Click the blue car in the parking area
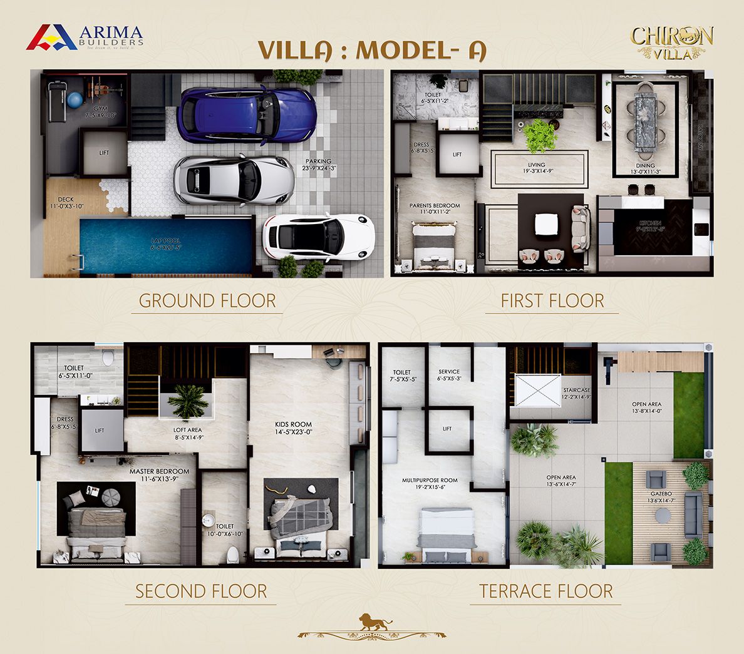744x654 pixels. (x=246, y=115)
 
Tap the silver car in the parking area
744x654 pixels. (x=234, y=180)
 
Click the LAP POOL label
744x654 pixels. (x=165, y=243)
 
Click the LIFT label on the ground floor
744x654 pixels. (x=104, y=153)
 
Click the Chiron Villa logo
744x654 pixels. (x=671, y=43)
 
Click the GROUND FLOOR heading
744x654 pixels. (x=207, y=301)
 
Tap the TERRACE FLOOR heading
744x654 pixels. (x=545, y=591)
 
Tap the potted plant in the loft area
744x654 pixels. (x=188, y=401)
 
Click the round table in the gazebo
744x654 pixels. (x=662, y=516)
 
